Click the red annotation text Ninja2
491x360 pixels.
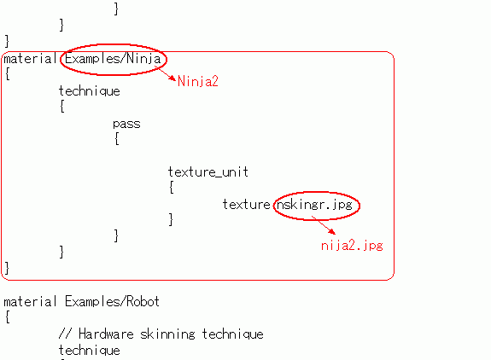point(197,81)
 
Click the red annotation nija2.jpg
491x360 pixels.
point(352,246)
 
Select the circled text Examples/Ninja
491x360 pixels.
point(113,59)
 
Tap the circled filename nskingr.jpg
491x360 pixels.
point(315,205)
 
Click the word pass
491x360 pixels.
point(126,125)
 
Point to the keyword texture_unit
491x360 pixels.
point(208,172)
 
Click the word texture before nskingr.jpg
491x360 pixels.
point(246,205)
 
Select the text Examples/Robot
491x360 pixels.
point(112,301)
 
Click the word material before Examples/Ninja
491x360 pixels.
point(30,59)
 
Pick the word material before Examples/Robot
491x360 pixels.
point(30,301)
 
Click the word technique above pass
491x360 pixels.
point(90,91)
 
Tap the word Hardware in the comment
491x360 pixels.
point(106,334)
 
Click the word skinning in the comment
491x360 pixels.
point(167,334)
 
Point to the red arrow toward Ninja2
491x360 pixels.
point(166,73)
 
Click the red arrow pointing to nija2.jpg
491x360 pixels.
point(323,224)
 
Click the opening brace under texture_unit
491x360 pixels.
point(172,188)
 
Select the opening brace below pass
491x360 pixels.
point(116,138)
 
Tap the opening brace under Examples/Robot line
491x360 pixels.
point(8,316)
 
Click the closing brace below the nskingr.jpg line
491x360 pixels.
point(171,219)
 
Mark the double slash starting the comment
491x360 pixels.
point(65,334)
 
